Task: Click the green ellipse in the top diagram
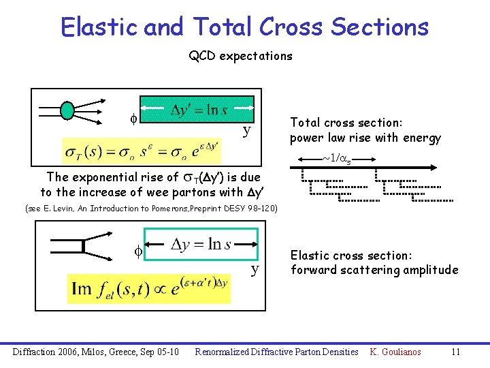(67, 109)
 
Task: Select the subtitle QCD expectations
(240, 56)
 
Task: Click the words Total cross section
(346, 123)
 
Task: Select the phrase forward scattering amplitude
(374, 270)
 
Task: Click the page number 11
(456, 352)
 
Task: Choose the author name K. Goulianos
(395, 352)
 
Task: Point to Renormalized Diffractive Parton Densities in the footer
(276, 352)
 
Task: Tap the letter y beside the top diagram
(247, 130)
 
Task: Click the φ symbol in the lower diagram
(136, 251)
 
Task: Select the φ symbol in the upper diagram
(133, 117)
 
